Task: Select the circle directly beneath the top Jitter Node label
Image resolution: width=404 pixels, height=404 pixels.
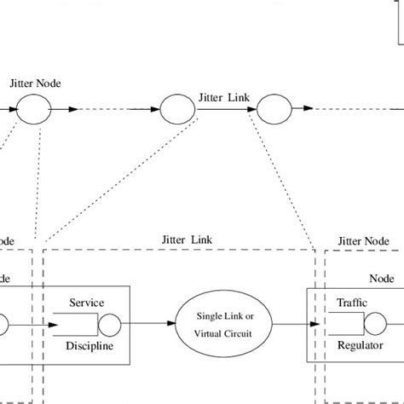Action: [x=37, y=109]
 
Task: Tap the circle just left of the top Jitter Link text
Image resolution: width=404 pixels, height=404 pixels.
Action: [x=176, y=110]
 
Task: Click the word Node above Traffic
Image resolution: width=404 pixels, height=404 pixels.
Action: [x=381, y=278]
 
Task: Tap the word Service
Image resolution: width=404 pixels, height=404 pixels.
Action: [x=87, y=303]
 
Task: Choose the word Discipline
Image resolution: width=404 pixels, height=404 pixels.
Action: [x=89, y=346]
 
